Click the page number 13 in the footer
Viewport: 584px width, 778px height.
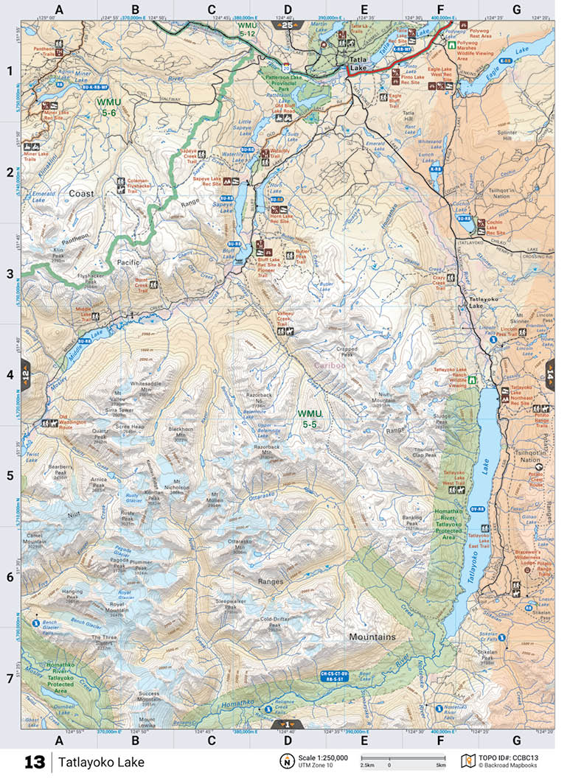coord(34,762)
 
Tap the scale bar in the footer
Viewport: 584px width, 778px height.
coord(403,759)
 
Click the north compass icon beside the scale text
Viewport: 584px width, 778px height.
coord(285,761)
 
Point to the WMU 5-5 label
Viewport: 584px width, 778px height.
coord(308,418)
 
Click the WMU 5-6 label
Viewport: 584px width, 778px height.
coord(109,106)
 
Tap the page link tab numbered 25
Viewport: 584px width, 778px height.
coord(288,25)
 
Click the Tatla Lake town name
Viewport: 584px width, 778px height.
coord(359,64)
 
